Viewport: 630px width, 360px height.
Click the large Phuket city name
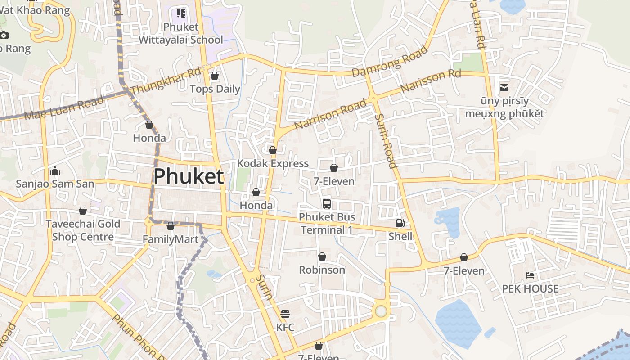[x=189, y=176]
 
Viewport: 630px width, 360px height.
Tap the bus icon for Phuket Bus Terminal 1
[x=327, y=203]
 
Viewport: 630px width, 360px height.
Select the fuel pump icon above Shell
[x=400, y=223]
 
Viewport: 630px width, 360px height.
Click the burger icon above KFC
[x=285, y=314]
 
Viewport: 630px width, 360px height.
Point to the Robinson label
[x=322, y=270]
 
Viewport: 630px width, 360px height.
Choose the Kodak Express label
[x=273, y=163]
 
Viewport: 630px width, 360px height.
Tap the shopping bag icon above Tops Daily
[x=215, y=76]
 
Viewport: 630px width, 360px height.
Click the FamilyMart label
[x=171, y=239]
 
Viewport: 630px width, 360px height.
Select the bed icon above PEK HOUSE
[x=530, y=275]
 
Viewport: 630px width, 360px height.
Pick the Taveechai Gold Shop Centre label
[x=83, y=230]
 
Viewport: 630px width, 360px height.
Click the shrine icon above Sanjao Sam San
[x=55, y=171]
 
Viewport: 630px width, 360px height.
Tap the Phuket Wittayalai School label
[x=181, y=33]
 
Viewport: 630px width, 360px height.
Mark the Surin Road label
[x=386, y=140]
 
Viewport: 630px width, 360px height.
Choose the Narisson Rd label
[x=431, y=81]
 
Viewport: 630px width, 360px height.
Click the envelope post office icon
[x=504, y=87]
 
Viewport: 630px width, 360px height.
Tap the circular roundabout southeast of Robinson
[x=381, y=311]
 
